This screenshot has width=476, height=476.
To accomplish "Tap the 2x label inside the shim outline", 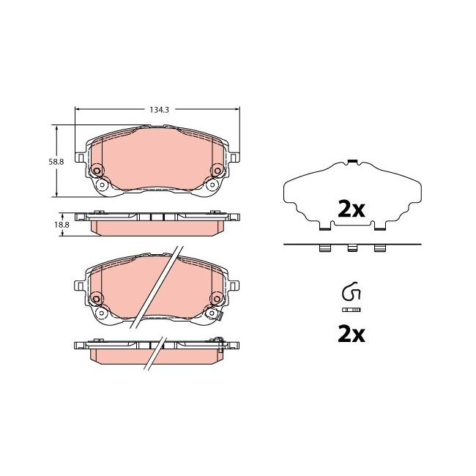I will [x=351, y=209].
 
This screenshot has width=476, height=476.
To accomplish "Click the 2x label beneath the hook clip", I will [x=351, y=335].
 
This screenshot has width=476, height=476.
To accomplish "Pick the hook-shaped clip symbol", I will [x=351, y=294].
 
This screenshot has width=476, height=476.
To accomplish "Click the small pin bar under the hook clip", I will [x=352, y=310].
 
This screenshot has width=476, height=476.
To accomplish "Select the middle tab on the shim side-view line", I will [x=352, y=249].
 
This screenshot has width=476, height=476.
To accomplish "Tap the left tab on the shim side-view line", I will [x=324, y=249].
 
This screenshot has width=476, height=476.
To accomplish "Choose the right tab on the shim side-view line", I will [x=379, y=249].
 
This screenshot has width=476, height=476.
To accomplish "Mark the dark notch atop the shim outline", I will [x=352, y=161].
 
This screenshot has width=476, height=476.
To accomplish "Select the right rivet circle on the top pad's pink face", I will [x=217, y=171].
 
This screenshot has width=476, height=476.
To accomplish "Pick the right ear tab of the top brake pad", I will [x=234, y=157].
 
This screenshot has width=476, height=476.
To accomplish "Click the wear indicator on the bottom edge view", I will [x=219, y=338].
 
